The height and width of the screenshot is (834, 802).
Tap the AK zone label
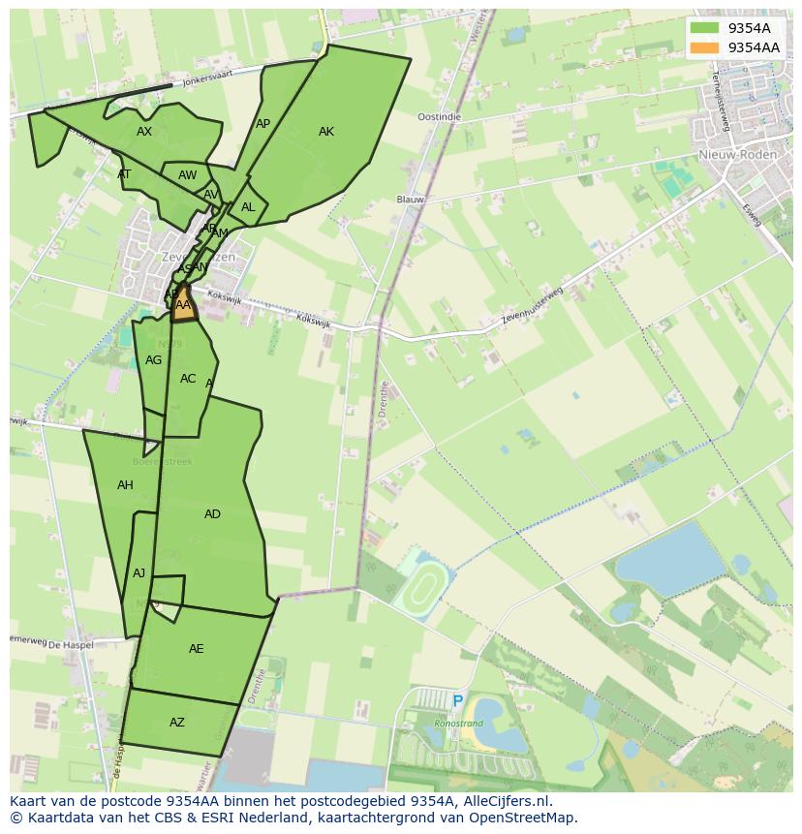pyautogui.click(x=326, y=132)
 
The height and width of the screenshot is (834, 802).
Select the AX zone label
pyautogui.click(x=144, y=132)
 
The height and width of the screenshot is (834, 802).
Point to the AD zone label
pyautogui.click(x=212, y=514)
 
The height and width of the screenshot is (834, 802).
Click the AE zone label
pyautogui.click(x=197, y=649)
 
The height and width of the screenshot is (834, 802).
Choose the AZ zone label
pyautogui.click(x=177, y=723)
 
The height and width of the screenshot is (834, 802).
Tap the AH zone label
pyautogui.click(x=125, y=485)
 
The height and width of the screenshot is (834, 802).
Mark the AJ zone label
pyautogui.click(x=139, y=573)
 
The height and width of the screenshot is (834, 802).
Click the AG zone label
pyautogui.click(x=153, y=360)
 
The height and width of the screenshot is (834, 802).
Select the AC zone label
pyautogui.click(x=188, y=379)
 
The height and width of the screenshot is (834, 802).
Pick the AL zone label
pyautogui.click(x=248, y=207)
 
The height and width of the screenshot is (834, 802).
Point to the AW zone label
pyautogui.click(x=187, y=175)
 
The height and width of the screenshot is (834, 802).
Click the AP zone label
pyautogui.click(x=262, y=124)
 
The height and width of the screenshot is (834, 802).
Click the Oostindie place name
pyautogui.click(x=439, y=116)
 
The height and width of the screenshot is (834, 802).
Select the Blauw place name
pyautogui.click(x=411, y=200)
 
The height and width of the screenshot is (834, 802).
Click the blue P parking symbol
pyautogui.click(x=458, y=701)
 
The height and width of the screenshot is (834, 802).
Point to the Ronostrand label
pyautogui.click(x=459, y=723)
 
